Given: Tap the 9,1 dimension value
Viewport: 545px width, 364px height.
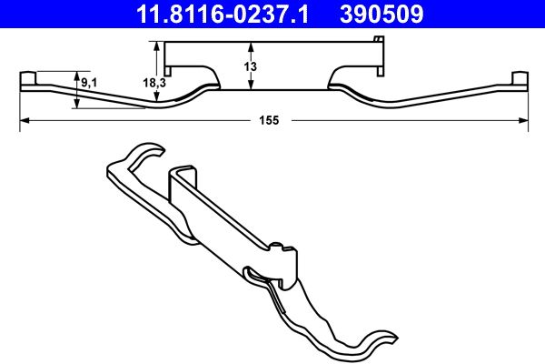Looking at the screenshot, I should [90, 83].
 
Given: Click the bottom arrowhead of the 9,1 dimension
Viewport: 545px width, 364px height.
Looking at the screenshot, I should [77, 104].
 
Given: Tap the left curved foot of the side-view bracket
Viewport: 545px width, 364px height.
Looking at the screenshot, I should [202, 83].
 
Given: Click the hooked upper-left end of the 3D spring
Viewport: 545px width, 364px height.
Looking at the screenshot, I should [136, 159].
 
